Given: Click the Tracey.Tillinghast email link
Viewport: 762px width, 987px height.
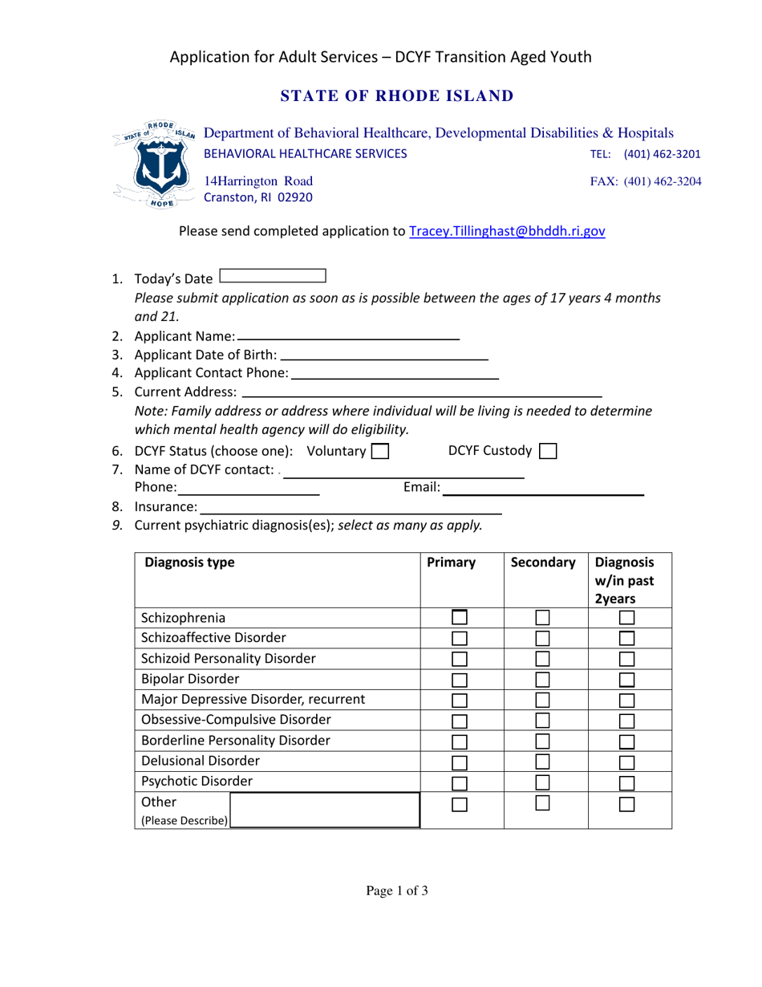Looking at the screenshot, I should pyautogui.click(x=507, y=231).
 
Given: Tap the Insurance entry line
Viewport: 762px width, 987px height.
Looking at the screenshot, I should pyautogui.click(x=351, y=507).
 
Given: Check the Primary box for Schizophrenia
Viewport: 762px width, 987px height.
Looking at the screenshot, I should pyautogui.click(x=460, y=618).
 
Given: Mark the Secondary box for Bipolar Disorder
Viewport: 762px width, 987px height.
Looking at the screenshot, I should pyautogui.click(x=543, y=680).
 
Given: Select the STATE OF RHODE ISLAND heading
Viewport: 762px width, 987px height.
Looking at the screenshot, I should pyautogui.click(x=395, y=96).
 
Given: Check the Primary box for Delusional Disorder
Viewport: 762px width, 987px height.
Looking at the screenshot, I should pyautogui.click(x=460, y=762).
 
